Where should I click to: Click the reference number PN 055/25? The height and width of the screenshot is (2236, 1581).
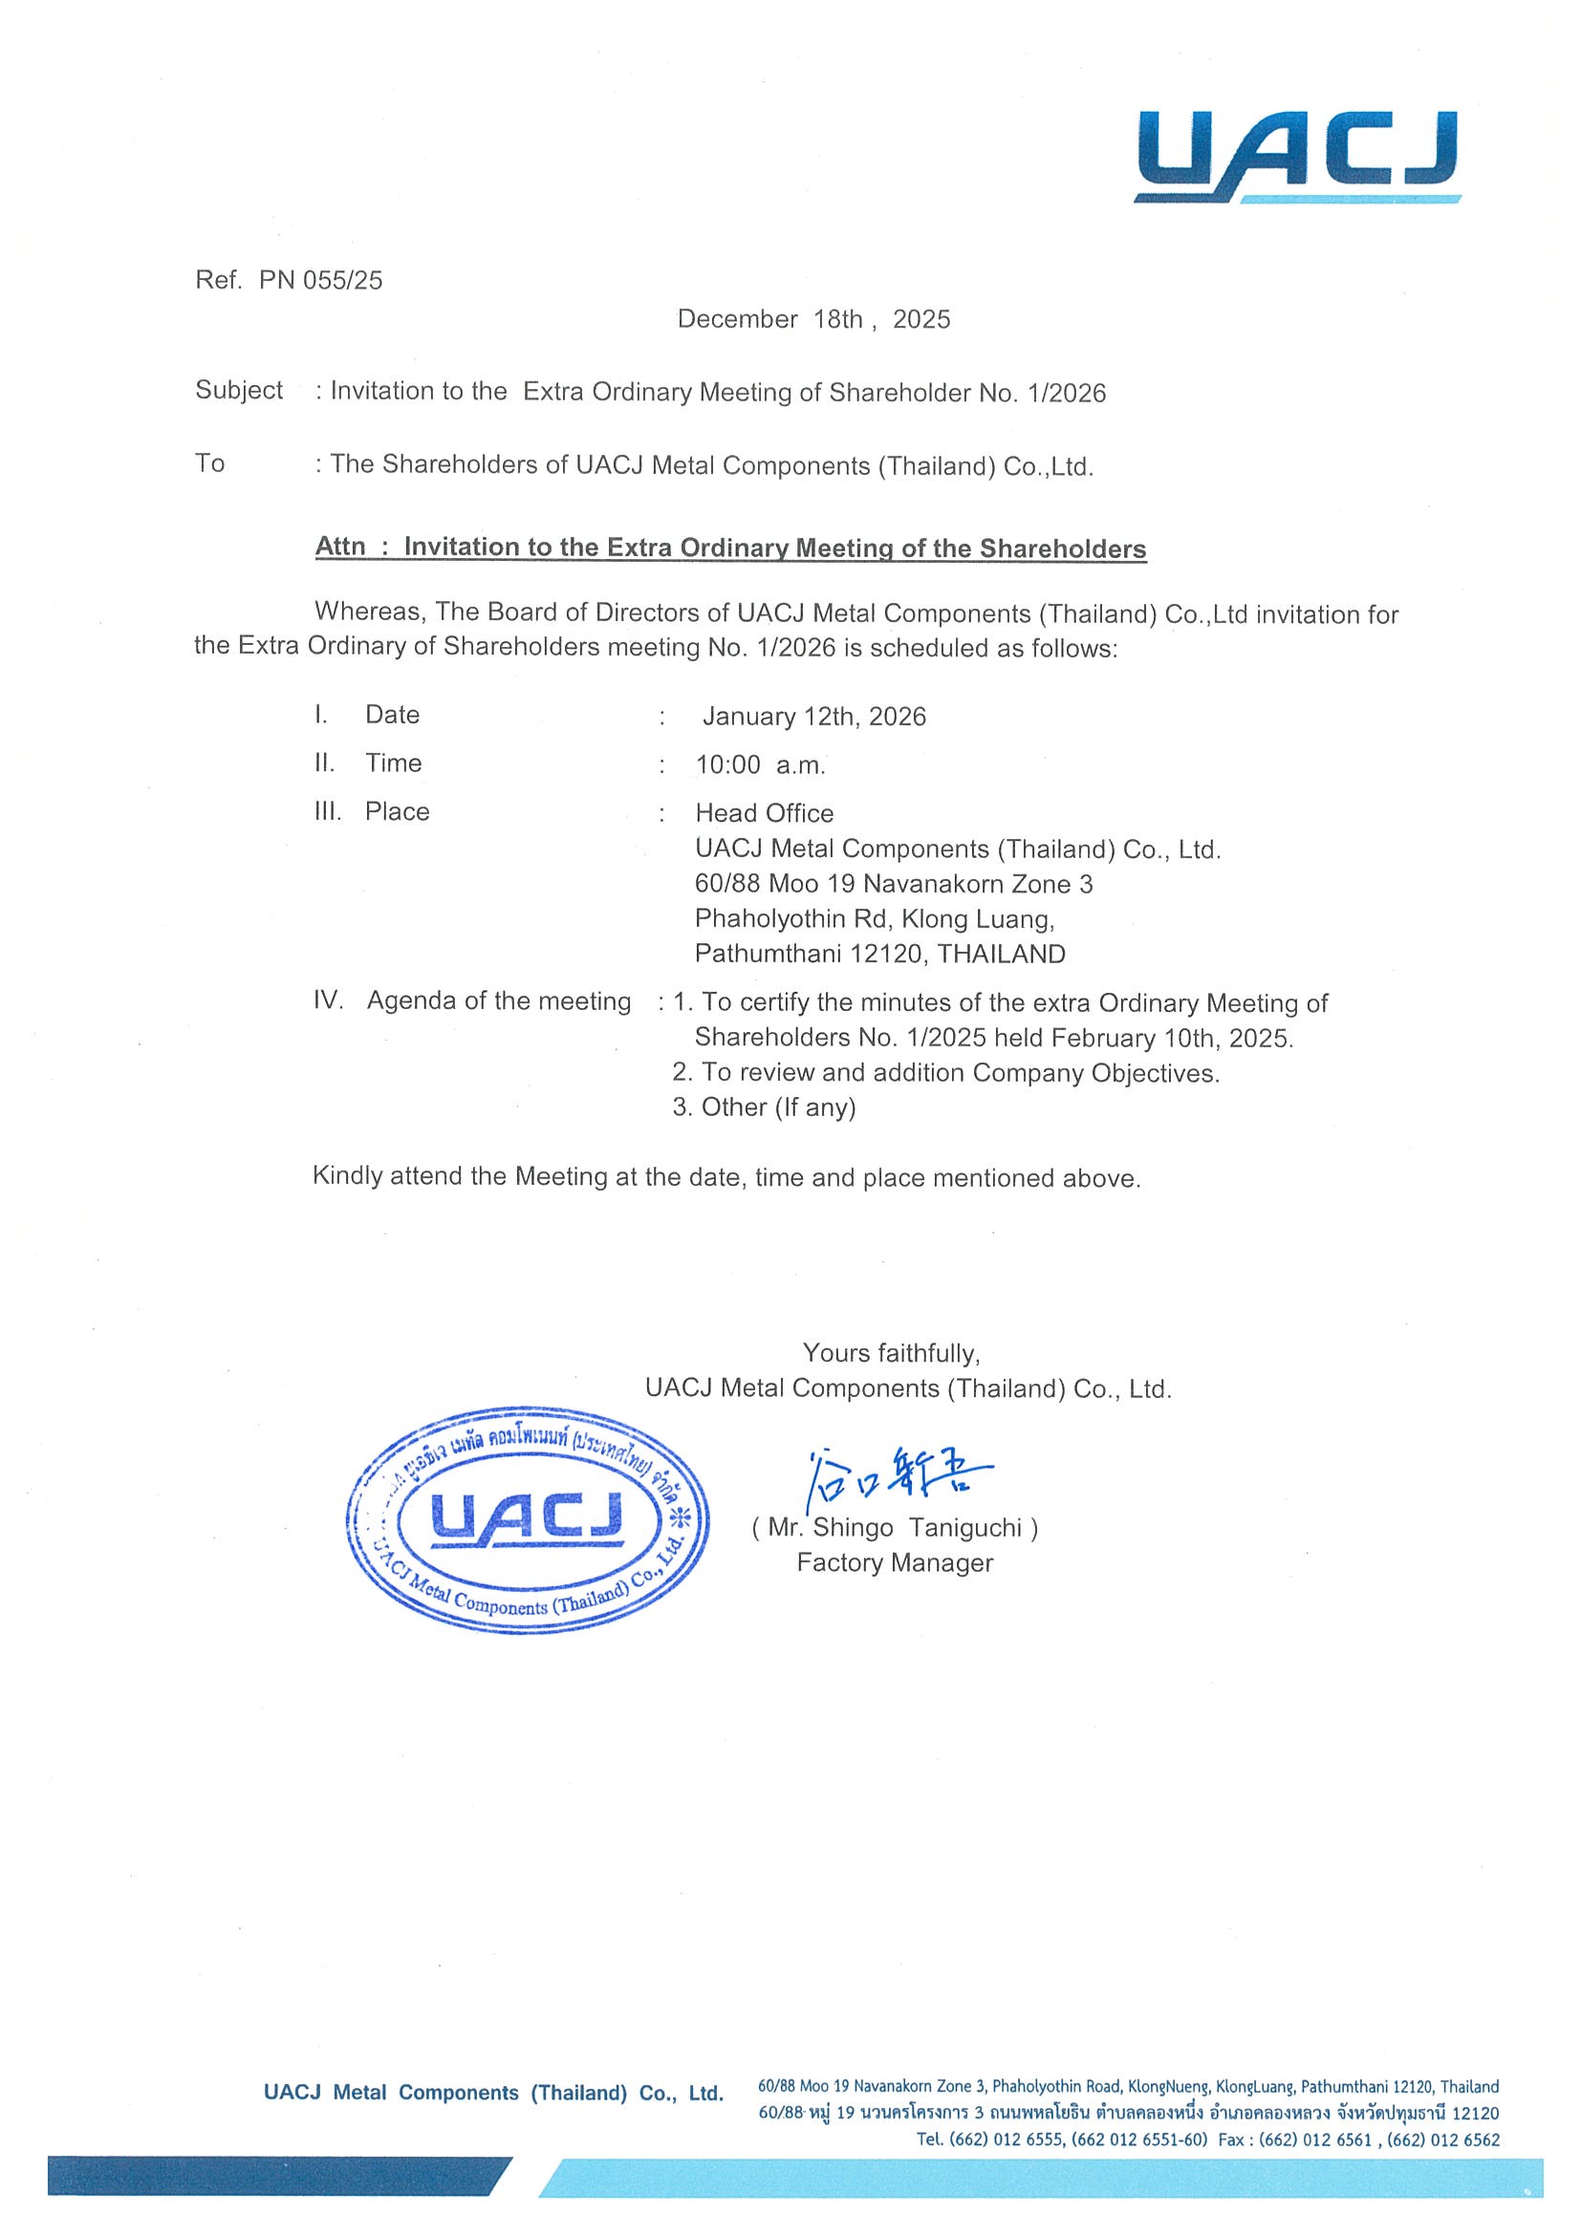click(x=320, y=282)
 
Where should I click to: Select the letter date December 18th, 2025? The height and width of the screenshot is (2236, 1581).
click(x=813, y=319)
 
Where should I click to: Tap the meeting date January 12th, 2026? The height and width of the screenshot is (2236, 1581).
click(x=813, y=717)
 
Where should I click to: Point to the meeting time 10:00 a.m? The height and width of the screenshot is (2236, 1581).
click(x=760, y=765)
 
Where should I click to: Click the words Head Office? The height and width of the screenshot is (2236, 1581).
click(x=764, y=813)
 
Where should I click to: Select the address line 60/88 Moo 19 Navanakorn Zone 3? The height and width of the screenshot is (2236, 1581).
click(x=894, y=884)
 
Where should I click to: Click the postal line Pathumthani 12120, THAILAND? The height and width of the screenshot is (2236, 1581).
click(x=879, y=954)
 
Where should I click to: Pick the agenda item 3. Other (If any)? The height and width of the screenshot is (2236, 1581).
click(x=764, y=1107)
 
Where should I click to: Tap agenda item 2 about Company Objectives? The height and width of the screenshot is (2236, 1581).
click(x=945, y=1073)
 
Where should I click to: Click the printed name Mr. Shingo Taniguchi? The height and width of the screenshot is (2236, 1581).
click(x=895, y=1528)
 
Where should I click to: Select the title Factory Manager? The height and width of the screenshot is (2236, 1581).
click(x=895, y=1563)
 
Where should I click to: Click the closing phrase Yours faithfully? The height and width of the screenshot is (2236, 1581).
click(x=891, y=1353)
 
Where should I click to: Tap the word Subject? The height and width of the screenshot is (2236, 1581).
click(x=239, y=391)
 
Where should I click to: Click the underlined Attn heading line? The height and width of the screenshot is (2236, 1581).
click(x=730, y=548)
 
